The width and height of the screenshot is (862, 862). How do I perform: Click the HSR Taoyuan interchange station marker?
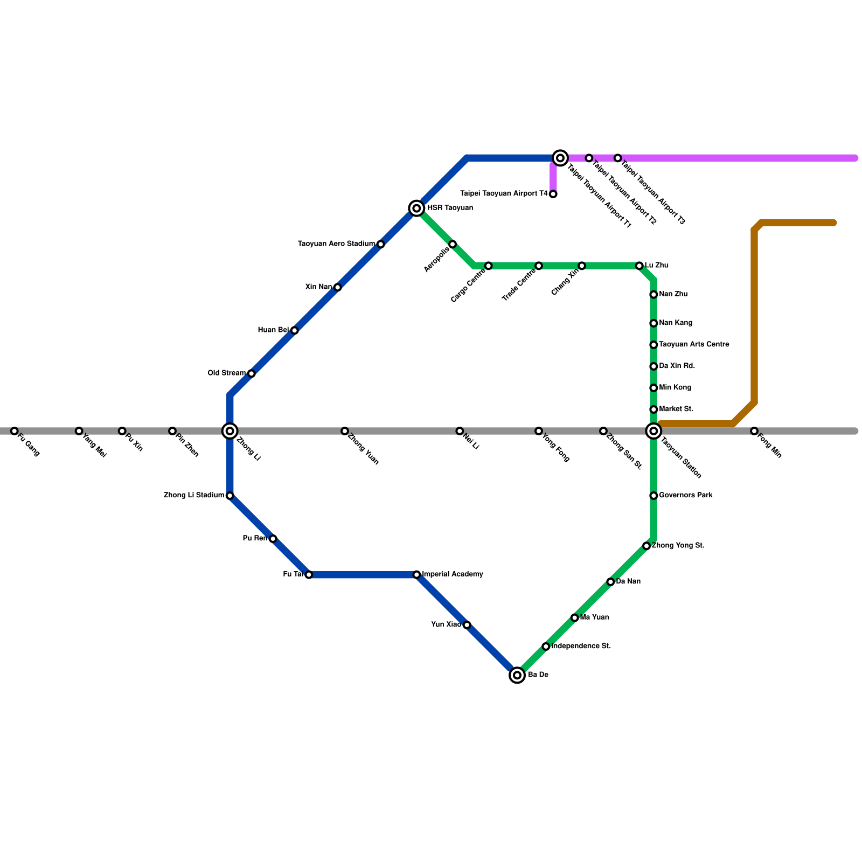point(416,208)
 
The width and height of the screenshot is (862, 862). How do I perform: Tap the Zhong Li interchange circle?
point(230,431)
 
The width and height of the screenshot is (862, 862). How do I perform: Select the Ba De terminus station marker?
point(517,675)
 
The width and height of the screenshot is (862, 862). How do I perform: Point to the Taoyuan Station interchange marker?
point(654,431)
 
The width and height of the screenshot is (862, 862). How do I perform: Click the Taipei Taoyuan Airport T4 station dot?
point(553,194)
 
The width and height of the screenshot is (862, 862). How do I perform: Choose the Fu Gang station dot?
point(15,431)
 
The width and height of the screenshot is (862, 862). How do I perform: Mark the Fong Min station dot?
point(754,431)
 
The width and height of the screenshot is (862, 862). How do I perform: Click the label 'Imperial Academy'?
point(453,574)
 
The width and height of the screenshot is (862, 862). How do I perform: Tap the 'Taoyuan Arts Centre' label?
point(694,344)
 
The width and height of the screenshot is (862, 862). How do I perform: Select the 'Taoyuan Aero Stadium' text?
point(337,244)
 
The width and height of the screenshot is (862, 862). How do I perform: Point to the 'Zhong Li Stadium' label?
point(194,495)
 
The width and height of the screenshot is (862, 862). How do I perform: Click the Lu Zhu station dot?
point(639,266)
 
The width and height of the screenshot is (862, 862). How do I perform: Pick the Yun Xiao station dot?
point(467,625)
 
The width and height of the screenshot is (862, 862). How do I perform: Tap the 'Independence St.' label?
point(581,646)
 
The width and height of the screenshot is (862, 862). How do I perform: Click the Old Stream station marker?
point(251,373)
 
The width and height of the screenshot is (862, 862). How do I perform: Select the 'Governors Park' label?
point(686,495)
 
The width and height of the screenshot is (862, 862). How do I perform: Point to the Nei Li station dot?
point(460,431)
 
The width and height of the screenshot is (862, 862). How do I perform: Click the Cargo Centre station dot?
point(488,266)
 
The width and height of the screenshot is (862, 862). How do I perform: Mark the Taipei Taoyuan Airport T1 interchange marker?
point(560,158)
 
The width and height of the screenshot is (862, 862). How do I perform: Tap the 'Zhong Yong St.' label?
point(678,546)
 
